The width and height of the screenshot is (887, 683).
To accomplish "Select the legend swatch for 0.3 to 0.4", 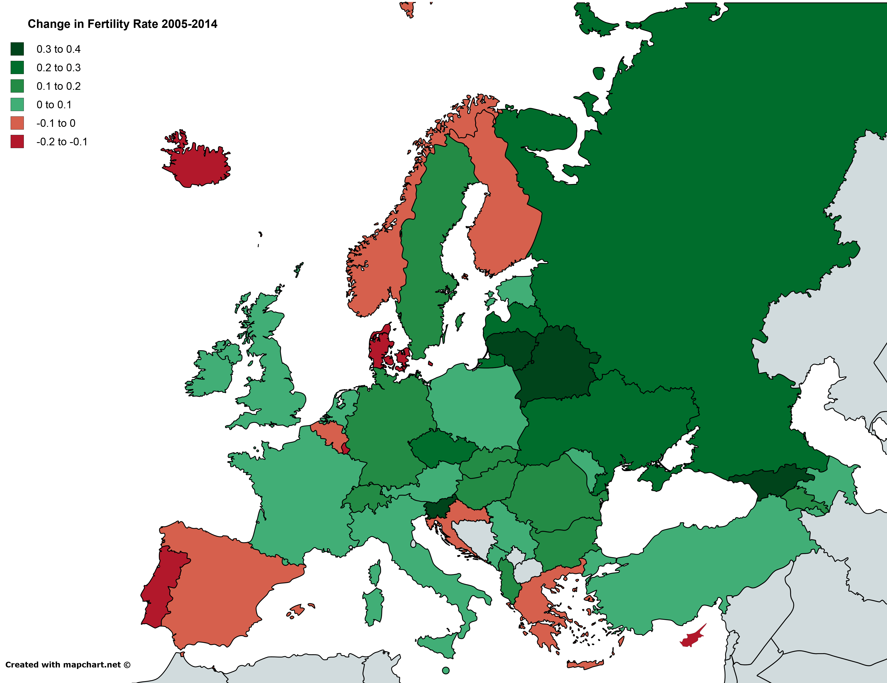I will [x=17, y=49].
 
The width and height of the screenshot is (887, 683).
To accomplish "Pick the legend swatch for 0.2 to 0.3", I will [x=17, y=67].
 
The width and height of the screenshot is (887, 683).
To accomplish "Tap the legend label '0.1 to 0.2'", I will [x=58, y=86].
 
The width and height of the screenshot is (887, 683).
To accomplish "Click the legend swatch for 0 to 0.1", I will [x=17, y=104].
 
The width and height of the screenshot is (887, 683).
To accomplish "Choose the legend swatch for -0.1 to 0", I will [x=17, y=123].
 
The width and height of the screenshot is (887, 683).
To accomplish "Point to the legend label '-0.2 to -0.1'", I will [x=62, y=142].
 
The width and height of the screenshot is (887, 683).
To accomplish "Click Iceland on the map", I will [x=199, y=164].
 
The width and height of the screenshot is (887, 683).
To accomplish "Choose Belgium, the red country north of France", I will [x=331, y=434].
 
